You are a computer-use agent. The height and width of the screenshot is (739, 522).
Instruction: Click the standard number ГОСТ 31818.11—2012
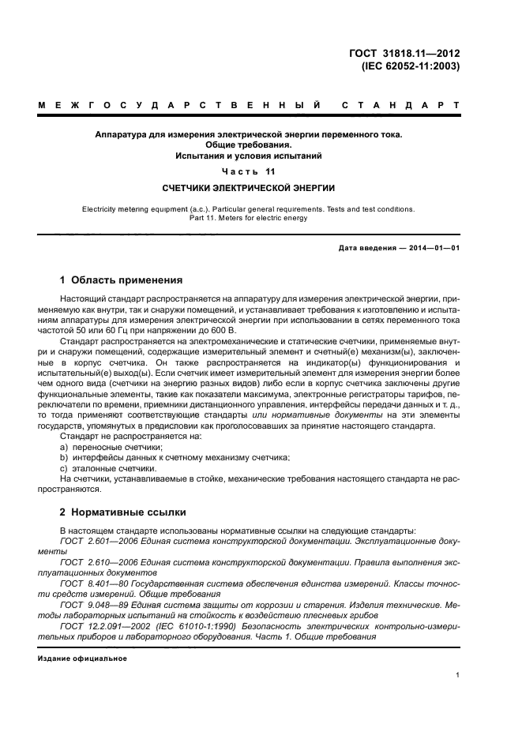[404, 54]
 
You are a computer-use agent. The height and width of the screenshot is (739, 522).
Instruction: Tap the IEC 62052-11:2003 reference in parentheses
[410, 66]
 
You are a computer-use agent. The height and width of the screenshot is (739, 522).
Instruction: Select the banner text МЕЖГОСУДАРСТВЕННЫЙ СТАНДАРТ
[249, 105]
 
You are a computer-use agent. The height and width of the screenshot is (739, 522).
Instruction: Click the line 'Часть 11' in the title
[248, 171]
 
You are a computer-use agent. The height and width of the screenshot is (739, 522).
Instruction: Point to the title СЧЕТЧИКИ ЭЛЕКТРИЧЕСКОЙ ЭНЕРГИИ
[248, 188]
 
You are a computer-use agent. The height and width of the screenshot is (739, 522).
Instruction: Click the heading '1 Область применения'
[122, 280]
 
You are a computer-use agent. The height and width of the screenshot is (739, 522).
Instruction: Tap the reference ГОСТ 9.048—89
[88, 605]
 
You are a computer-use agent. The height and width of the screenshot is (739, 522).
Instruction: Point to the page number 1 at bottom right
[457, 676]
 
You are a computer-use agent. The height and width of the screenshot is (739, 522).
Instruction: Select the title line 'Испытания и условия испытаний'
[248, 156]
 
